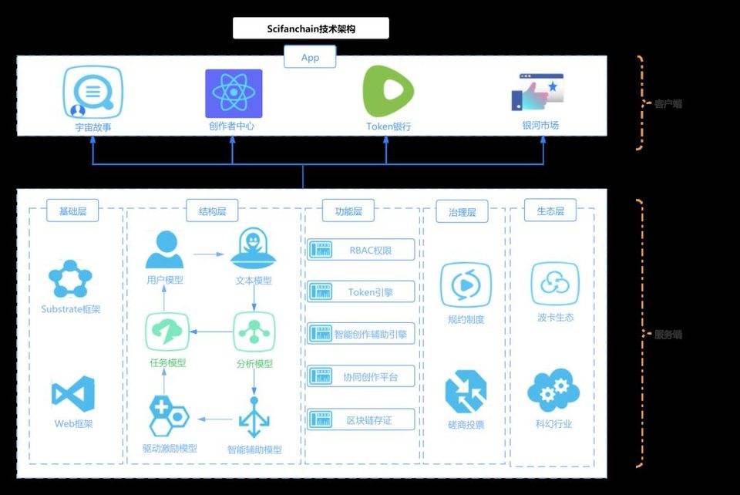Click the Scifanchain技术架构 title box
311,29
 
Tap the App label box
310,57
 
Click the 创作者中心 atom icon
234,93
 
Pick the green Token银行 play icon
388,92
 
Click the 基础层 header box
73,210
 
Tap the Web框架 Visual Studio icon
73,394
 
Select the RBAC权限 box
362,249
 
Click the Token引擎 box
362,291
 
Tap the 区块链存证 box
362,419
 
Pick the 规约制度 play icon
465,286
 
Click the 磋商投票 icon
466,391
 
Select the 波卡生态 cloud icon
555,285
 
